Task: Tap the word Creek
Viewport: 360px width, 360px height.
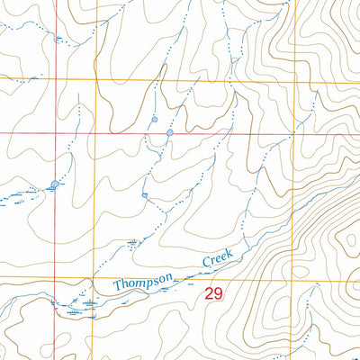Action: click(x=217, y=258)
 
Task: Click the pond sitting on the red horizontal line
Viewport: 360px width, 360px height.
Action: click(x=169, y=133)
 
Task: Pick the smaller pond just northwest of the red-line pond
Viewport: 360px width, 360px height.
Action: click(x=154, y=119)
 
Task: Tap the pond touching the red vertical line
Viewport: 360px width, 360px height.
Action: click(x=56, y=184)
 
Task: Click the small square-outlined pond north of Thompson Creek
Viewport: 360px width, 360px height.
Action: click(x=144, y=193)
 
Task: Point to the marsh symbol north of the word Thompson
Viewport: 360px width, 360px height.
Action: click(x=134, y=241)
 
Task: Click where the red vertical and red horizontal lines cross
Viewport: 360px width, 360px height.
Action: click(x=56, y=133)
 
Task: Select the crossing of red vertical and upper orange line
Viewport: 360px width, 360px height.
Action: click(x=56, y=79)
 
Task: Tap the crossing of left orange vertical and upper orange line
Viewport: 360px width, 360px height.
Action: click(x=92, y=79)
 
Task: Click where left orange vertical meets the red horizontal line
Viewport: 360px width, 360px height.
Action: click(x=92, y=133)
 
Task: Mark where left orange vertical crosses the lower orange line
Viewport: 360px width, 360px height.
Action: click(x=92, y=278)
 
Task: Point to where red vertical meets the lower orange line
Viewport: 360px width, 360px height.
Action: click(x=56, y=278)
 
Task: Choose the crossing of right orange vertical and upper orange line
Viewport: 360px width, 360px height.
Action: click(x=294, y=79)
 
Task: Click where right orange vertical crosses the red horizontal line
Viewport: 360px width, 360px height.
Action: click(x=294, y=133)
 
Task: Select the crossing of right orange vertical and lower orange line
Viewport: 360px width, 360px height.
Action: click(x=294, y=278)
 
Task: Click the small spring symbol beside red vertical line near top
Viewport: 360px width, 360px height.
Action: click(x=59, y=40)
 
